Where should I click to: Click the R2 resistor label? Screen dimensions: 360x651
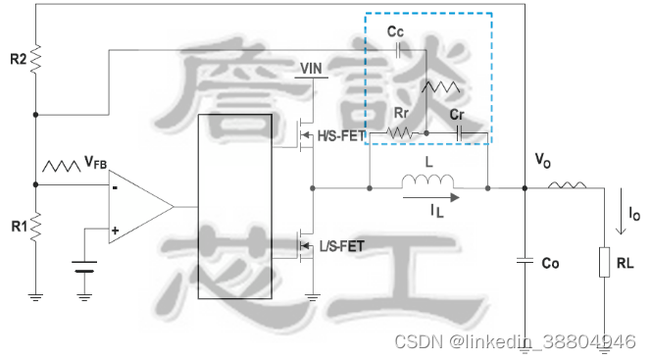pyautogui.click(x=18, y=60)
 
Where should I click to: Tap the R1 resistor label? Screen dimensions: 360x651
pyautogui.click(x=18, y=227)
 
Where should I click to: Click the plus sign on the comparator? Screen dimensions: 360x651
pyautogui.click(x=116, y=231)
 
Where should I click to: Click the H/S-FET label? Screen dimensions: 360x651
pyautogui.click(x=339, y=135)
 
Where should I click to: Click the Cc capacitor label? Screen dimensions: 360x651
pyautogui.click(x=396, y=31)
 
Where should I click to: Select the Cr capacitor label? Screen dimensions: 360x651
pyautogui.click(x=457, y=115)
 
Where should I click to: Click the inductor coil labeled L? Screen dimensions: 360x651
pyautogui.click(x=428, y=183)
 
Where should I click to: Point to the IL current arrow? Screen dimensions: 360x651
pyautogui.click(x=429, y=197)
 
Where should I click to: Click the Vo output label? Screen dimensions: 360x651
pyautogui.click(x=542, y=160)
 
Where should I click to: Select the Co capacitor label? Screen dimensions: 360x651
pyautogui.click(x=550, y=263)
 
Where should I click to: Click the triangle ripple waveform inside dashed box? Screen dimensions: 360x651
pyautogui.click(x=439, y=87)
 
